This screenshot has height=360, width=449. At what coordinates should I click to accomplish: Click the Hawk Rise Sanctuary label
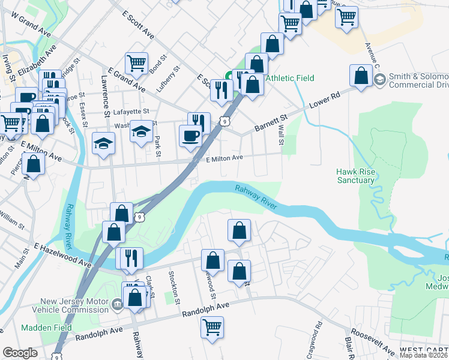point(355,175)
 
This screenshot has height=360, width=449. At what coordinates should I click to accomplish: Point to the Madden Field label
point(46,328)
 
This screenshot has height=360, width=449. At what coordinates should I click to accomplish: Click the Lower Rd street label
point(325,100)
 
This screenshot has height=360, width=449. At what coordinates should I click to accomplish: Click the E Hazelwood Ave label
point(62,255)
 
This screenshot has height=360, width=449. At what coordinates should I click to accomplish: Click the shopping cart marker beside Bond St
point(137,62)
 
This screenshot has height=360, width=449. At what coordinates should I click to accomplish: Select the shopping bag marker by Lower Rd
point(361,76)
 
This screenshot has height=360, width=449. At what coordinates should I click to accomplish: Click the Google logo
point(20,353)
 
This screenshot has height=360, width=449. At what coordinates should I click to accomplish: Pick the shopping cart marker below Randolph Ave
point(212,328)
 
